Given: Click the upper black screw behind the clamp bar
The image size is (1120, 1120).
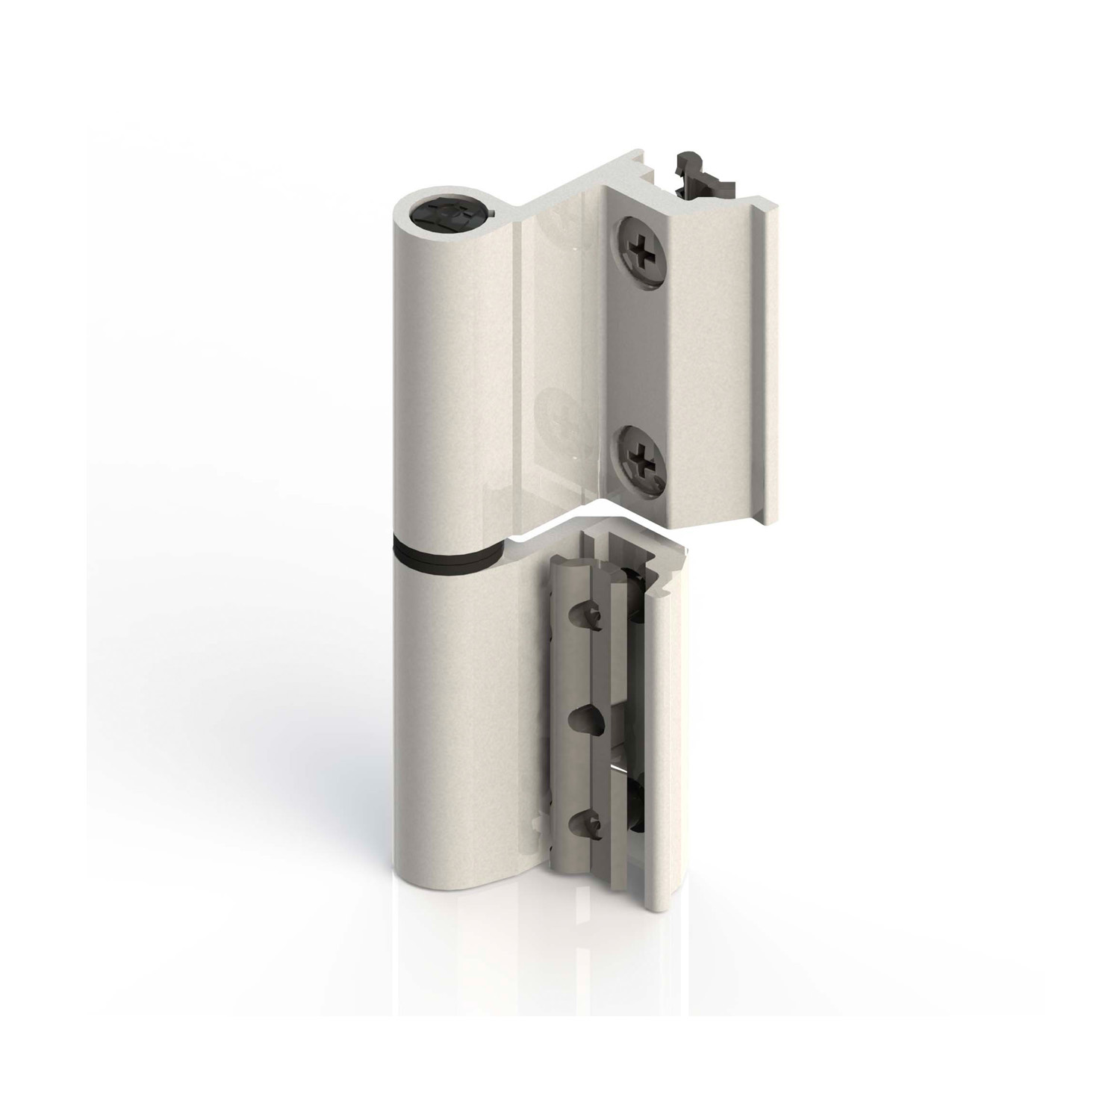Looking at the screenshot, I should point(635,597).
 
